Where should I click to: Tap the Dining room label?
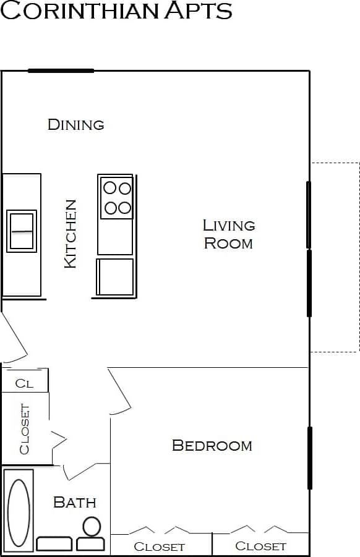(75, 124)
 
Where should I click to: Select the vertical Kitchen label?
(71, 233)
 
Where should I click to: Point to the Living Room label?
(228, 234)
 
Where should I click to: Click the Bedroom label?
(212, 445)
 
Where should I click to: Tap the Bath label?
(74, 502)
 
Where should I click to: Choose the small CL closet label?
(24, 383)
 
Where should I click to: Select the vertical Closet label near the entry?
(24, 428)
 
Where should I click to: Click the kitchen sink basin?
(22, 231)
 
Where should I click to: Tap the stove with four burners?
(116, 198)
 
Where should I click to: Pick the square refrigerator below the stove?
(116, 276)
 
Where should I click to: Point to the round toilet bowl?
(92, 527)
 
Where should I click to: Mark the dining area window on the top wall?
(61, 70)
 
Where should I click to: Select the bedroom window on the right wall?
(309, 457)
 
